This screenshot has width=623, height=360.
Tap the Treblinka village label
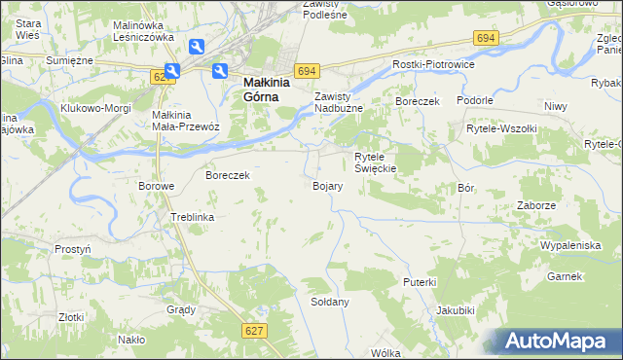click(192, 217)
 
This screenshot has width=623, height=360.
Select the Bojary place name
click(326, 185)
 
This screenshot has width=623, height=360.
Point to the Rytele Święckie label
click(374, 162)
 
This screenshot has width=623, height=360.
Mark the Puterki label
click(420, 281)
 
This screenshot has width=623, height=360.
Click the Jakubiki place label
click(456, 311)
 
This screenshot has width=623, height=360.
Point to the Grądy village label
click(181, 309)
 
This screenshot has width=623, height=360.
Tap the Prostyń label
click(73, 249)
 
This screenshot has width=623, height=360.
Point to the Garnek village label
click(564, 276)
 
